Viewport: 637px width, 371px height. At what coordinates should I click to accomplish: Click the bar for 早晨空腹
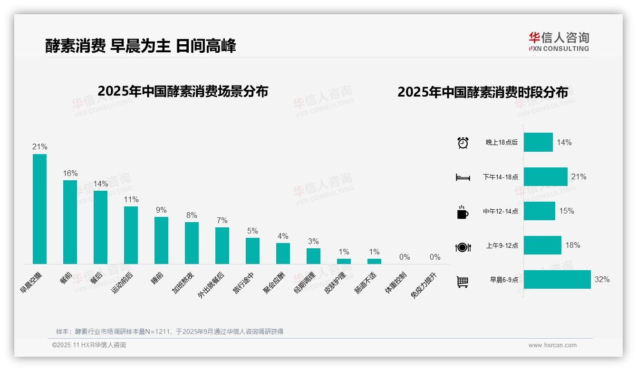(x=39, y=209)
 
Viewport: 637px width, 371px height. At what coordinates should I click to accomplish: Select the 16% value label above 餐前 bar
(x=70, y=174)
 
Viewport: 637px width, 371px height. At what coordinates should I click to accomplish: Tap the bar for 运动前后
(x=131, y=235)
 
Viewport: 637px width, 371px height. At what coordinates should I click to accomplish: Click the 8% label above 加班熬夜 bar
(x=192, y=215)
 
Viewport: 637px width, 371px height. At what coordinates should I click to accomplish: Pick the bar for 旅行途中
(x=252, y=251)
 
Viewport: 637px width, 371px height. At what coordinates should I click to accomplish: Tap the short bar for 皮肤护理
(x=344, y=261)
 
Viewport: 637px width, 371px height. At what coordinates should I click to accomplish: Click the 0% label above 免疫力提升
(x=435, y=257)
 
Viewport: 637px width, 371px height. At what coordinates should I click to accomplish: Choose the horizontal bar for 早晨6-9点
(x=557, y=280)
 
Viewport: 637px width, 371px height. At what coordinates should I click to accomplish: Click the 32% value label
(x=602, y=280)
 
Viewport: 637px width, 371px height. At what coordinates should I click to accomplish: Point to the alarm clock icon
(x=463, y=143)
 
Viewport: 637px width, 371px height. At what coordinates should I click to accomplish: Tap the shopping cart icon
(x=463, y=282)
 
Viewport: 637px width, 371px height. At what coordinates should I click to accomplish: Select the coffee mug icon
(x=463, y=212)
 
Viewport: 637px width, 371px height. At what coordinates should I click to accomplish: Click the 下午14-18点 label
(x=501, y=177)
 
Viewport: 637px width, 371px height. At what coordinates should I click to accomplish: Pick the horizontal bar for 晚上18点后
(x=538, y=142)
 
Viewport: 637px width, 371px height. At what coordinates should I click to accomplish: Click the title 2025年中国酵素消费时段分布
(x=483, y=92)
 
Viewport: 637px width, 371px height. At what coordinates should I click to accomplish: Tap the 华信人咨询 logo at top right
(x=559, y=41)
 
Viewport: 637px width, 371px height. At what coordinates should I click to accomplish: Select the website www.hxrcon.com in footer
(x=552, y=345)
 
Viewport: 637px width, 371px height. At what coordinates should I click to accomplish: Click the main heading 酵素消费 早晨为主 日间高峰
(x=141, y=46)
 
